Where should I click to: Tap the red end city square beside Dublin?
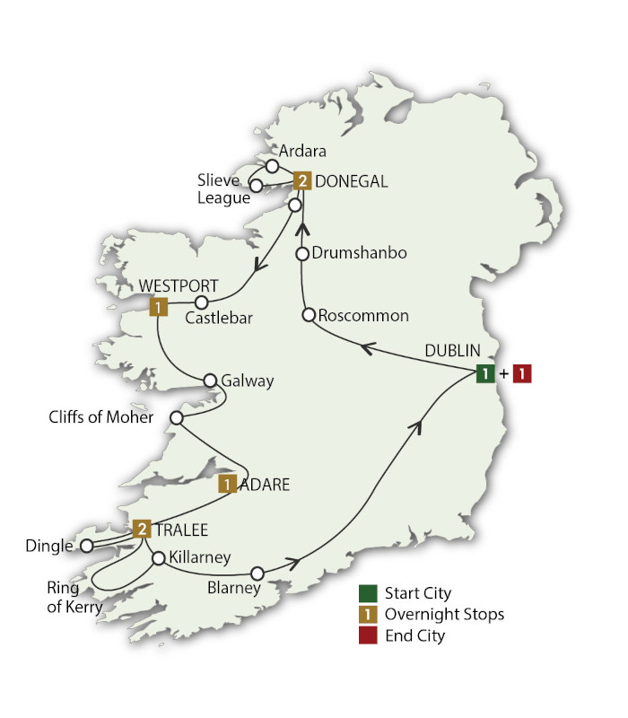pyautogui.click(x=522, y=374)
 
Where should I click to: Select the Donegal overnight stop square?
pyautogui.click(x=303, y=181)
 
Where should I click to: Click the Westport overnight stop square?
pyautogui.click(x=157, y=307)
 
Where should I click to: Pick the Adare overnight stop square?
pyautogui.click(x=229, y=485)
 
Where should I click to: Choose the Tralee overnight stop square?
pyautogui.click(x=142, y=529)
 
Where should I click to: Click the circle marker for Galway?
pyautogui.click(x=211, y=380)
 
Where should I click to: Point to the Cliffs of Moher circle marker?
pyautogui.click(x=177, y=418)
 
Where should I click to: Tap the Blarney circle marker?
pyautogui.click(x=257, y=573)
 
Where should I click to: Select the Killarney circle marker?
pyautogui.click(x=158, y=558)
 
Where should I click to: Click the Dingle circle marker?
pyautogui.click(x=86, y=545)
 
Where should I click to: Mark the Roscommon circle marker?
pyautogui.click(x=308, y=315)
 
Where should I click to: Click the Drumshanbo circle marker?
pyautogui.click(x=303, y=253)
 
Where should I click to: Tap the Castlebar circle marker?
pyautogui.click(x=203, y=302)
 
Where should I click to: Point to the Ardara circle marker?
pyautogui.click(x=272, y=165)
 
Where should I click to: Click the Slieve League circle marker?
pyautogui.click(x=256, y=186)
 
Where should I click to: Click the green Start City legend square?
pyautogui.click(x=367, y=593)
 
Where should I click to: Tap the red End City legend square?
pyautogui.click(x=367, y=635)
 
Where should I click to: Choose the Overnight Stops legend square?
pyautogui.click(x=367, y=615)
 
